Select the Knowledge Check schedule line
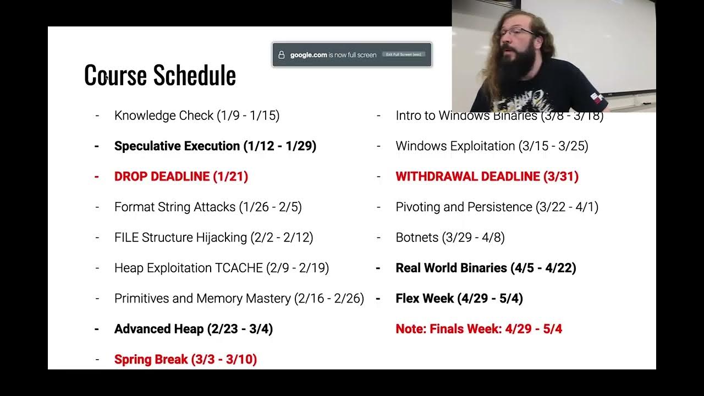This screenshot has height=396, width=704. point(197,116)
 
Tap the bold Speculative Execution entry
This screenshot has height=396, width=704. point(215,146)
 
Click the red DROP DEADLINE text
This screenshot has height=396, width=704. point(181,177)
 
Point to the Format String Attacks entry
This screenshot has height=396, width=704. point(208,207)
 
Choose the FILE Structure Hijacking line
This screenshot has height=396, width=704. point(213,238)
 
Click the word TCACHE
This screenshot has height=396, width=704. point(237,268)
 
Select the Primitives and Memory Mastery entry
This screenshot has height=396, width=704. point(239,299)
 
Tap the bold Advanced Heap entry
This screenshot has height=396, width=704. point(193,329)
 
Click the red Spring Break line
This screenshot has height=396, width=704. point(185,360)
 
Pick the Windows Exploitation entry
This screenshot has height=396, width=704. point(492,146)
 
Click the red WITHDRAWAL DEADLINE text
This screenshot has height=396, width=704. point(487,177)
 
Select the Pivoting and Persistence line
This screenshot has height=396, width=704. point(497,207)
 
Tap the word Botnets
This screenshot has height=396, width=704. point(417,238)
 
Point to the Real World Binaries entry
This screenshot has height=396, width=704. point(486,268)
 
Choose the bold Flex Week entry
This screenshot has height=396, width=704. point(459,299)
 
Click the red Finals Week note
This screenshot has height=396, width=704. point(479,329)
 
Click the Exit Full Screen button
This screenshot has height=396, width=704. point(404,54)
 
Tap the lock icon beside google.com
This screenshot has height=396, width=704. point(282,55)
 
